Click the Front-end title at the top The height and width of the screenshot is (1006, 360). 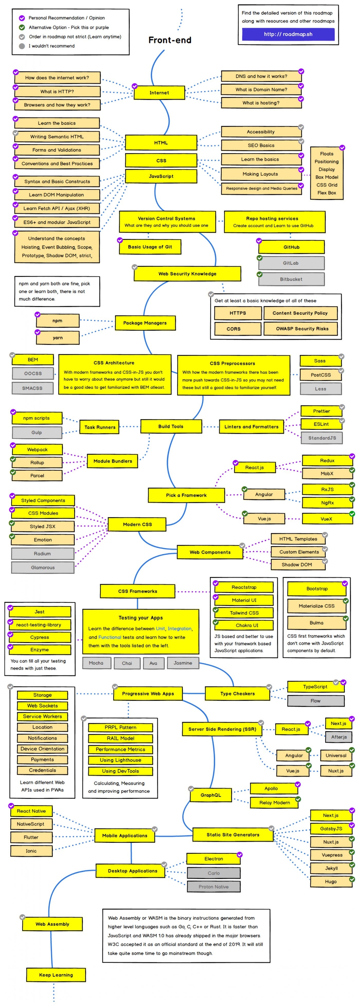(x=170, y=40)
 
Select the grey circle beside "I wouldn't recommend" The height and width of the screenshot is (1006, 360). (x=22, y=46)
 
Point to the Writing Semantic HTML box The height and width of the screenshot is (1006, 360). (x=57, y=137)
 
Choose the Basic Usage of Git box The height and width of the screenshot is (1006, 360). (x=150, y=247)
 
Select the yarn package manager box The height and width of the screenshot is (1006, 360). (x=58, y=338)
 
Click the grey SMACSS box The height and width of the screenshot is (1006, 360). (x=32, y=388)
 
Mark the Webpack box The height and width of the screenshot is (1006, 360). (x=38, y=449)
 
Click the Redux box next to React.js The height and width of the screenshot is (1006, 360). (x=327, y=461)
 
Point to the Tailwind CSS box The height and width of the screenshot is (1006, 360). (x=244, y=613)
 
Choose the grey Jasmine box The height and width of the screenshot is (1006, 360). (x=183, y=663)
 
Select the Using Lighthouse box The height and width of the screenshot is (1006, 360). (x=120, y=760)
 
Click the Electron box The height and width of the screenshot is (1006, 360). (x=214, y=859)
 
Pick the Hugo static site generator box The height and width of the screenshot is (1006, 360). (x=331, y=881)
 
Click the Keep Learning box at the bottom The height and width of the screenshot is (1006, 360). (x=56, y=975)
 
